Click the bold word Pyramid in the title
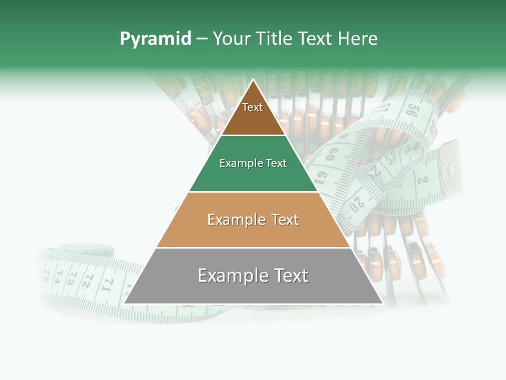(155, 39)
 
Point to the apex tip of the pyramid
(254, 81)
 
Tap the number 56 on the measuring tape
(412, 110)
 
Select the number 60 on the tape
(332, 155)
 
